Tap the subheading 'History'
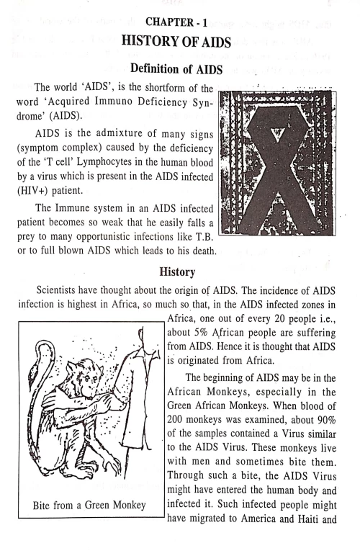coord(179,275)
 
